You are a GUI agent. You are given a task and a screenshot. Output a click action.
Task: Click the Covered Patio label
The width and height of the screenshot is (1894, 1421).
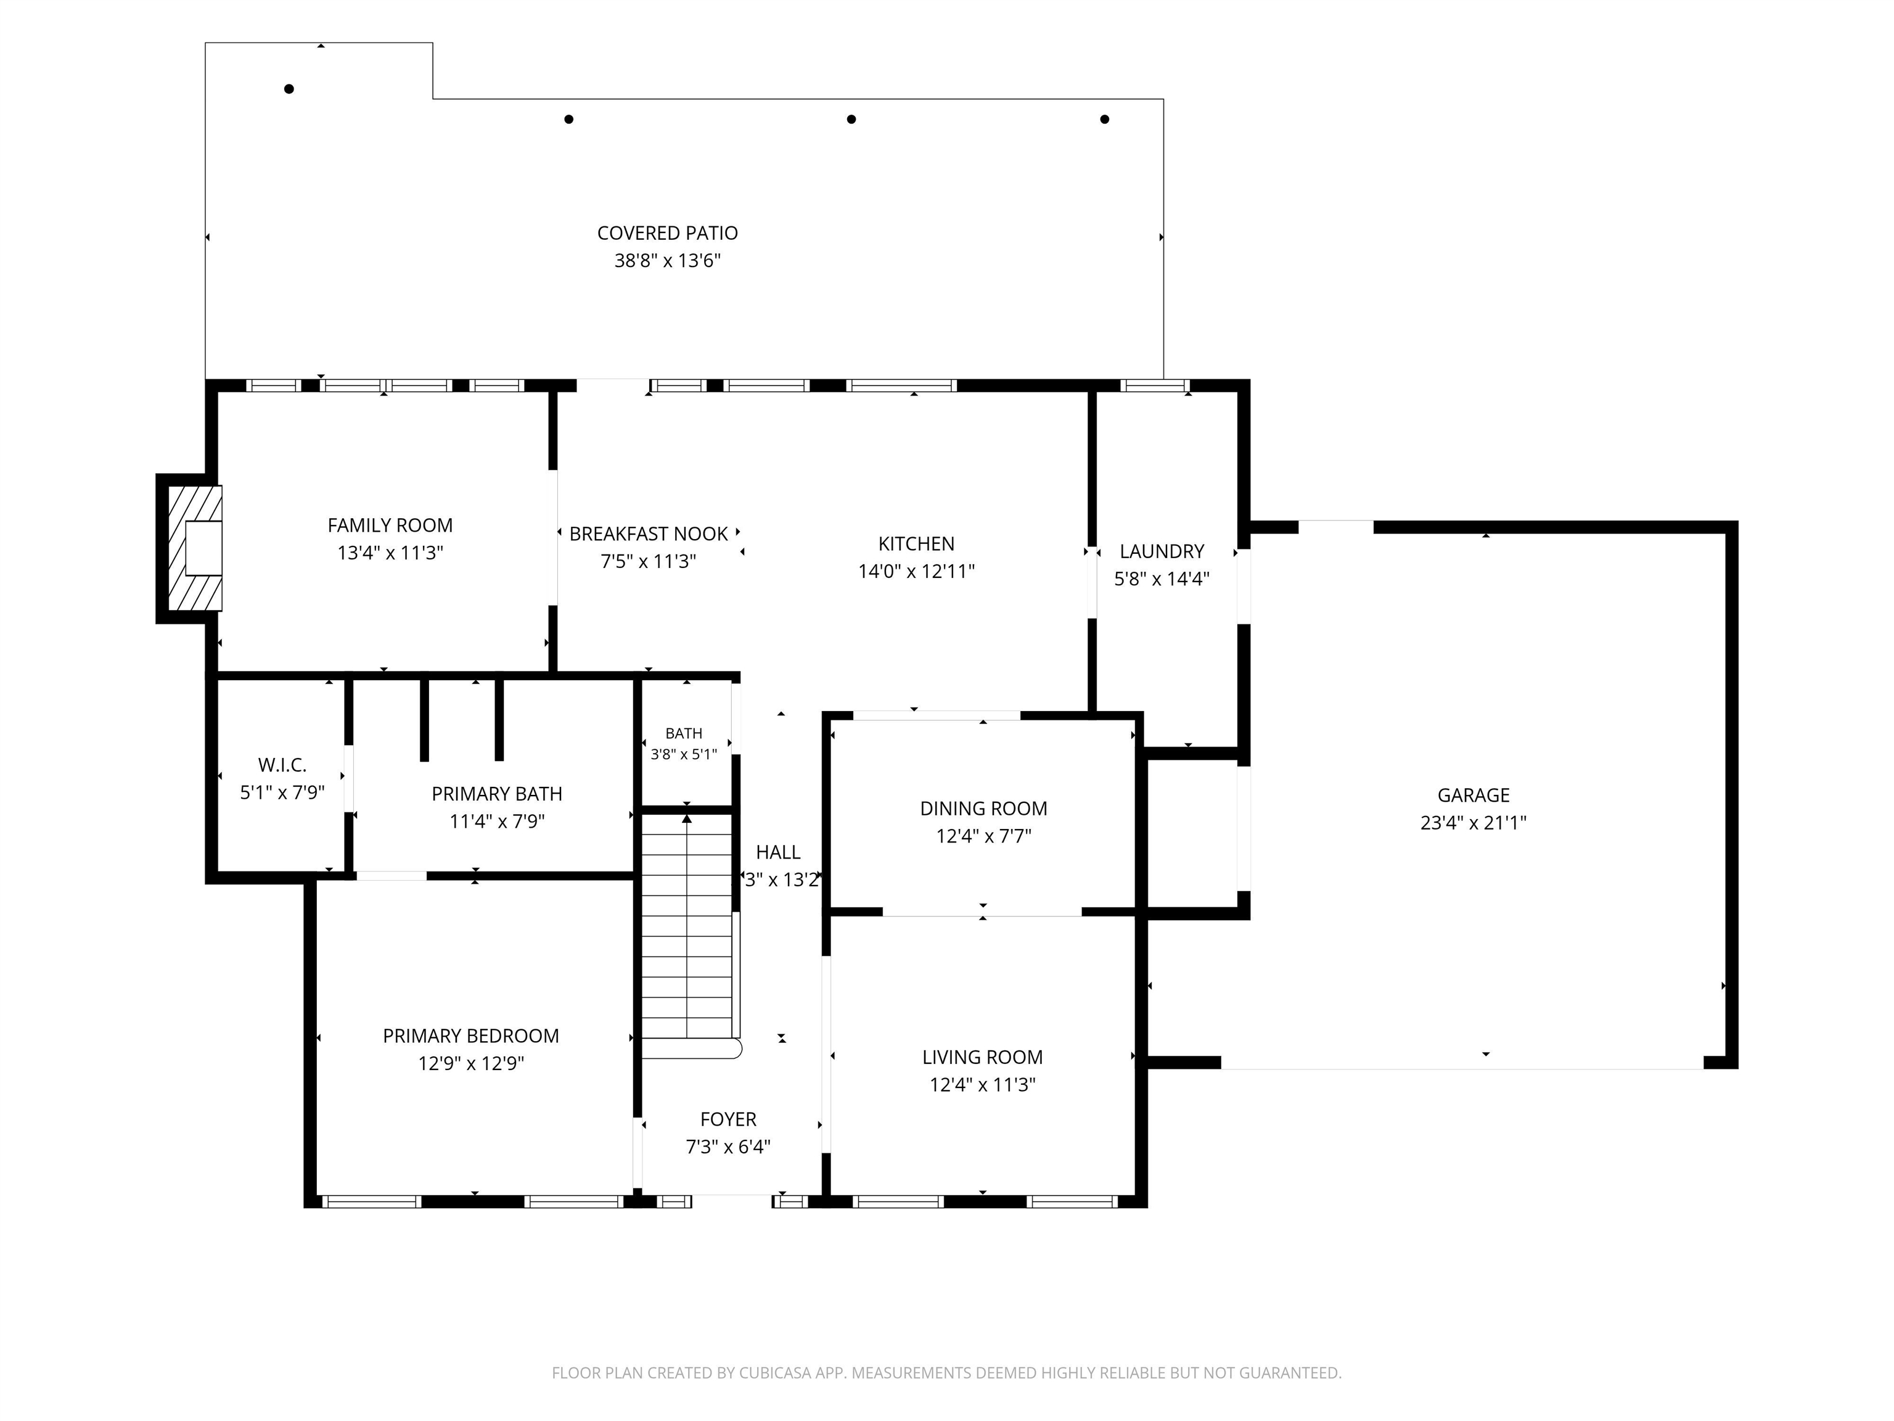pos(667,233)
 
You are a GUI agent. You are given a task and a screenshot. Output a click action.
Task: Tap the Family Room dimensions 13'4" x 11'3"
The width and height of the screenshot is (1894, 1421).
pos(390,553)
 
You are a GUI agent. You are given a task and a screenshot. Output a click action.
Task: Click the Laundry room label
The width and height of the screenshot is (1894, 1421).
pos(1162,551)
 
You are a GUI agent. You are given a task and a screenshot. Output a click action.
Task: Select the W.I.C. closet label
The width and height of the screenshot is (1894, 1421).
pos(282,765)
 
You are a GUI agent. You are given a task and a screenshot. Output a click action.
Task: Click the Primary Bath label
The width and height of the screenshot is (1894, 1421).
pos(496,794)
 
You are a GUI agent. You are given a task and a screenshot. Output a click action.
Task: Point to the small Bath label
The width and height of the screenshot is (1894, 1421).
pos(684,733)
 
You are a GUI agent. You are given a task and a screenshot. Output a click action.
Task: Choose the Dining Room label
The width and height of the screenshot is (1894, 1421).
pos(984,809)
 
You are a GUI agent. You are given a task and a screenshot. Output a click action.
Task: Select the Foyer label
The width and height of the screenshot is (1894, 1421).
pos(729,1119)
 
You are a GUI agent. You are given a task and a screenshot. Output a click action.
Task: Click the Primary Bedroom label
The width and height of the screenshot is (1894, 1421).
pos(471,1036)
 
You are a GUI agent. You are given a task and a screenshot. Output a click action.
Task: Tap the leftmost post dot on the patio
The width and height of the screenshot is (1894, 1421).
pos(289,89)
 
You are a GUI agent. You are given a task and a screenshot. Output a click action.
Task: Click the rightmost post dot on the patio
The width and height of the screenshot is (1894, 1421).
pos(1105,119)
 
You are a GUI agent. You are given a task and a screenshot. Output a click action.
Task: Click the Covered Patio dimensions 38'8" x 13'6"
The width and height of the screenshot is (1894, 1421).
pos(668,260)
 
